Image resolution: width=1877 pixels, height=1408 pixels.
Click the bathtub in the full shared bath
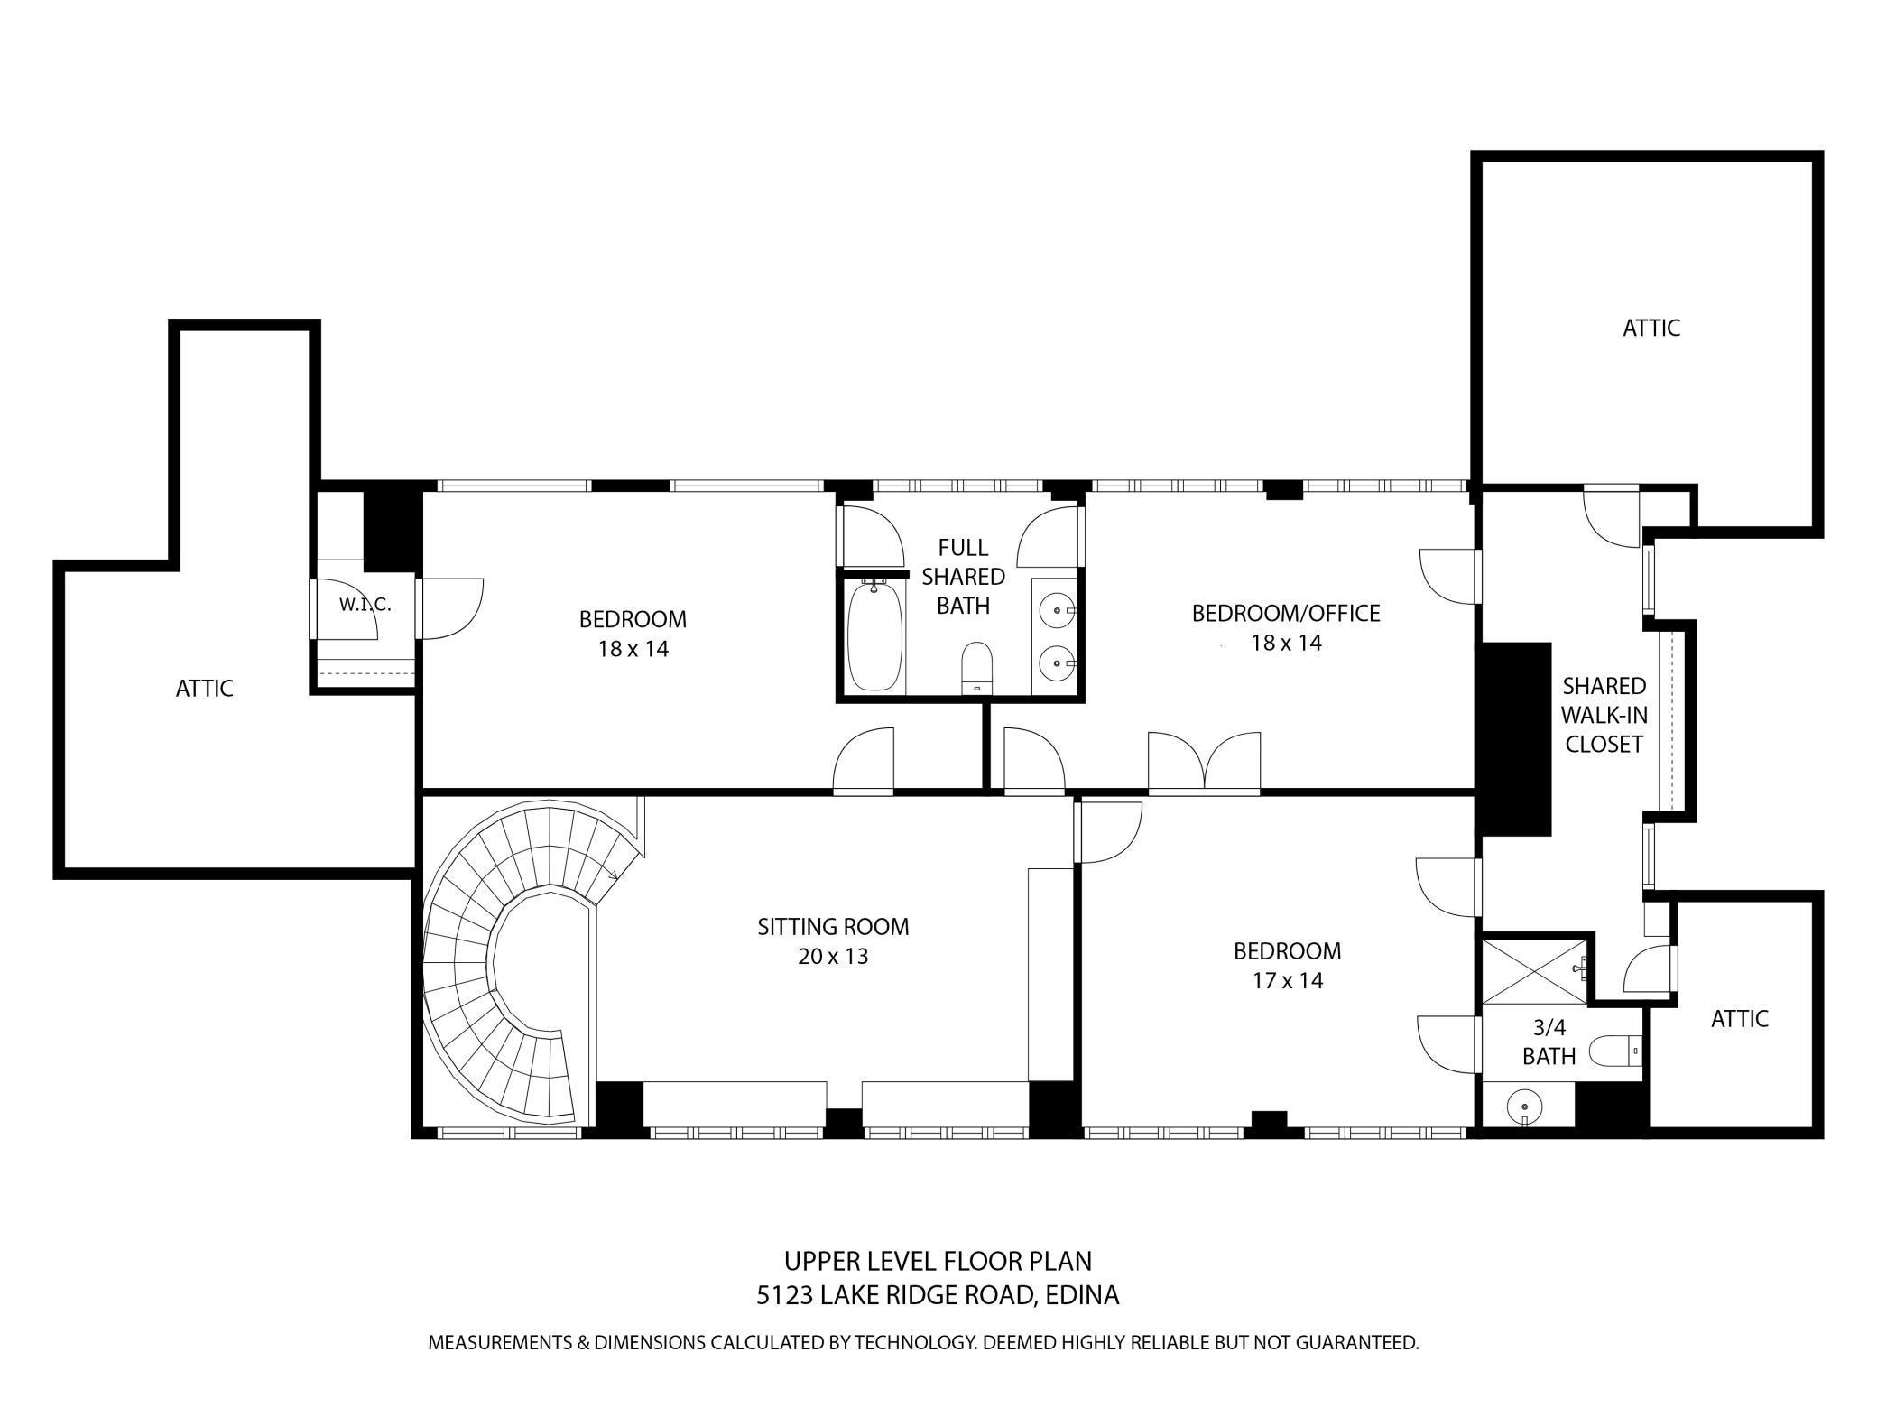[875, 635]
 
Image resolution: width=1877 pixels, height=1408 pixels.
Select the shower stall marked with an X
[1535, 970]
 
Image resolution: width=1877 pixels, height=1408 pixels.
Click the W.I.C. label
[365, 605]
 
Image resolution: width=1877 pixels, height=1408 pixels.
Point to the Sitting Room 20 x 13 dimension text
[833, 956]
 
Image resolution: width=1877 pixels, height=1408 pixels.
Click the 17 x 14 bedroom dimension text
[1288, 980]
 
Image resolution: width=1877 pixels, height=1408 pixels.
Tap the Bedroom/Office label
[1286, 613]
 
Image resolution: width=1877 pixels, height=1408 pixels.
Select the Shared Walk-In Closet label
[1604, 715]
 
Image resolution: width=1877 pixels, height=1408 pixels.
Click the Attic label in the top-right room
[1651, 328]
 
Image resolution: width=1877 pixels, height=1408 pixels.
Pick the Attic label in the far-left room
[205, 689]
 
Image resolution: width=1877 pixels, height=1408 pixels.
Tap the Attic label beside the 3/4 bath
[1740, 1019]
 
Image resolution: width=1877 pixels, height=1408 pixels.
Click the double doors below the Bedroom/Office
[1205, 764]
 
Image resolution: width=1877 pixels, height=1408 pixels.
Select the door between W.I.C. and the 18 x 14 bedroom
[449, 608]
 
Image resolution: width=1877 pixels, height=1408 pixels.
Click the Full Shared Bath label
[963, 576]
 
